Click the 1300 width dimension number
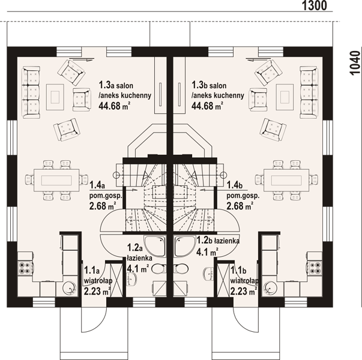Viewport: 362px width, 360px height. point(315,5)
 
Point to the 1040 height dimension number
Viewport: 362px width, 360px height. point(355,63)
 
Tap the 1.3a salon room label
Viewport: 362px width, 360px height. point(116,85)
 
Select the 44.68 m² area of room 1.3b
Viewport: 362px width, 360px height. point(207,106)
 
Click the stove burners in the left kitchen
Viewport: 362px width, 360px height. point(25,268)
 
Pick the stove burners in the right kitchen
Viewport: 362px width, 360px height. point(315,268)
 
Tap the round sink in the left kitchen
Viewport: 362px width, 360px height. point(70,289)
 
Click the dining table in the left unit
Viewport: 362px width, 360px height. point(56,180)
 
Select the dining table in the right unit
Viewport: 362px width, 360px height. point(286,180)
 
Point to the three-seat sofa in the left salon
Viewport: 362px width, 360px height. point(31,92)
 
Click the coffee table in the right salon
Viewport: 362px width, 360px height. point(285,97)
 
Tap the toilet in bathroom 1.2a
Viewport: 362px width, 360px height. point(159,269)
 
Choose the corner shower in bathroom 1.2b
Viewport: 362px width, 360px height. point(184,246)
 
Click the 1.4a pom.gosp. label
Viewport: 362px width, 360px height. point(105,190)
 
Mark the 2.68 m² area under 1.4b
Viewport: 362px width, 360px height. point(240,206)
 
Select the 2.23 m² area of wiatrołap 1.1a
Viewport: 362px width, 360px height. point(97,291)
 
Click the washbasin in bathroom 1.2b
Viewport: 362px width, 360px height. point(209,274)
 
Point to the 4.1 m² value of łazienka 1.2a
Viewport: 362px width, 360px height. point(138,268)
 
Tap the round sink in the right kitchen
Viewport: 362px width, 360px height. point(270,289)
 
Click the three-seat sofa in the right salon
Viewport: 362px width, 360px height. point(309,92)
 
